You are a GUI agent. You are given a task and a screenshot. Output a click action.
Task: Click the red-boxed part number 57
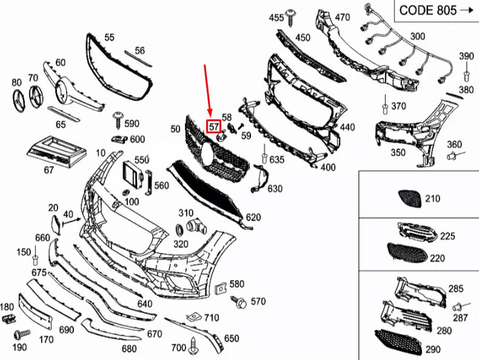coord(214,127)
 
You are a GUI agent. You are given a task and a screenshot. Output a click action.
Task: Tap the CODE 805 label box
coord(435,10)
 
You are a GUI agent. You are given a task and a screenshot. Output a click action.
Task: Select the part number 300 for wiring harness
coord(417,36)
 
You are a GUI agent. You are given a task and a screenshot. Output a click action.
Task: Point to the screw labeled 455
coord(292,16)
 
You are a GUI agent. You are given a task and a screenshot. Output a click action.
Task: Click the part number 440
coord(347,127)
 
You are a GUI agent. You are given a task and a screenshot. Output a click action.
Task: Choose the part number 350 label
coord(398,153)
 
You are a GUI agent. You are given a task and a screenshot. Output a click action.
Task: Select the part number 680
coord(129,349)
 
